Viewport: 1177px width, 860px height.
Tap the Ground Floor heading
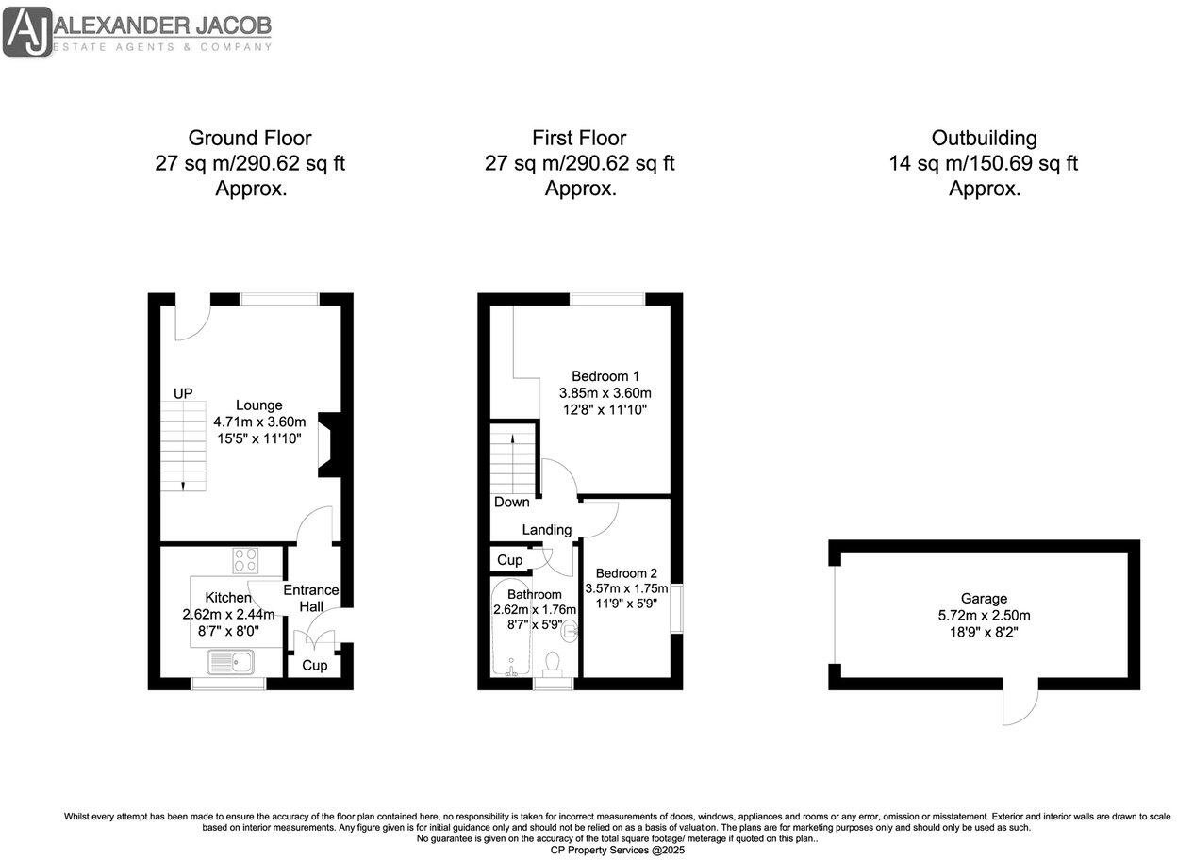(x=250, y=139)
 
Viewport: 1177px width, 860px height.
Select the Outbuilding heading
(x=984, y=139)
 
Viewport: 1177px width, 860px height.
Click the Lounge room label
(x=259, y=405)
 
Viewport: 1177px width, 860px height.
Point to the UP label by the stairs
(x=183, y=392)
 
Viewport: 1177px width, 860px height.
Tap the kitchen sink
(x=231, y=663)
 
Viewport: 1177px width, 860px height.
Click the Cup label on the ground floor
(x=314, y=666)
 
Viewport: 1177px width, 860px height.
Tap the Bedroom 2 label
(x=626, y=573)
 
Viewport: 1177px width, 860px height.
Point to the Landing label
(x=547, y=530)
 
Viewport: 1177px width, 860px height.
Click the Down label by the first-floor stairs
(x=511, y=502)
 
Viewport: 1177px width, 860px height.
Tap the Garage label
(x=984, y=598)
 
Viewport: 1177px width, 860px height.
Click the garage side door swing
(x=1020, y=703)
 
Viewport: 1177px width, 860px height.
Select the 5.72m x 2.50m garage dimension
(x=984, y=615)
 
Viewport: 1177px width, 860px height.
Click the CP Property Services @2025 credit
(x=618, y=850)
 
